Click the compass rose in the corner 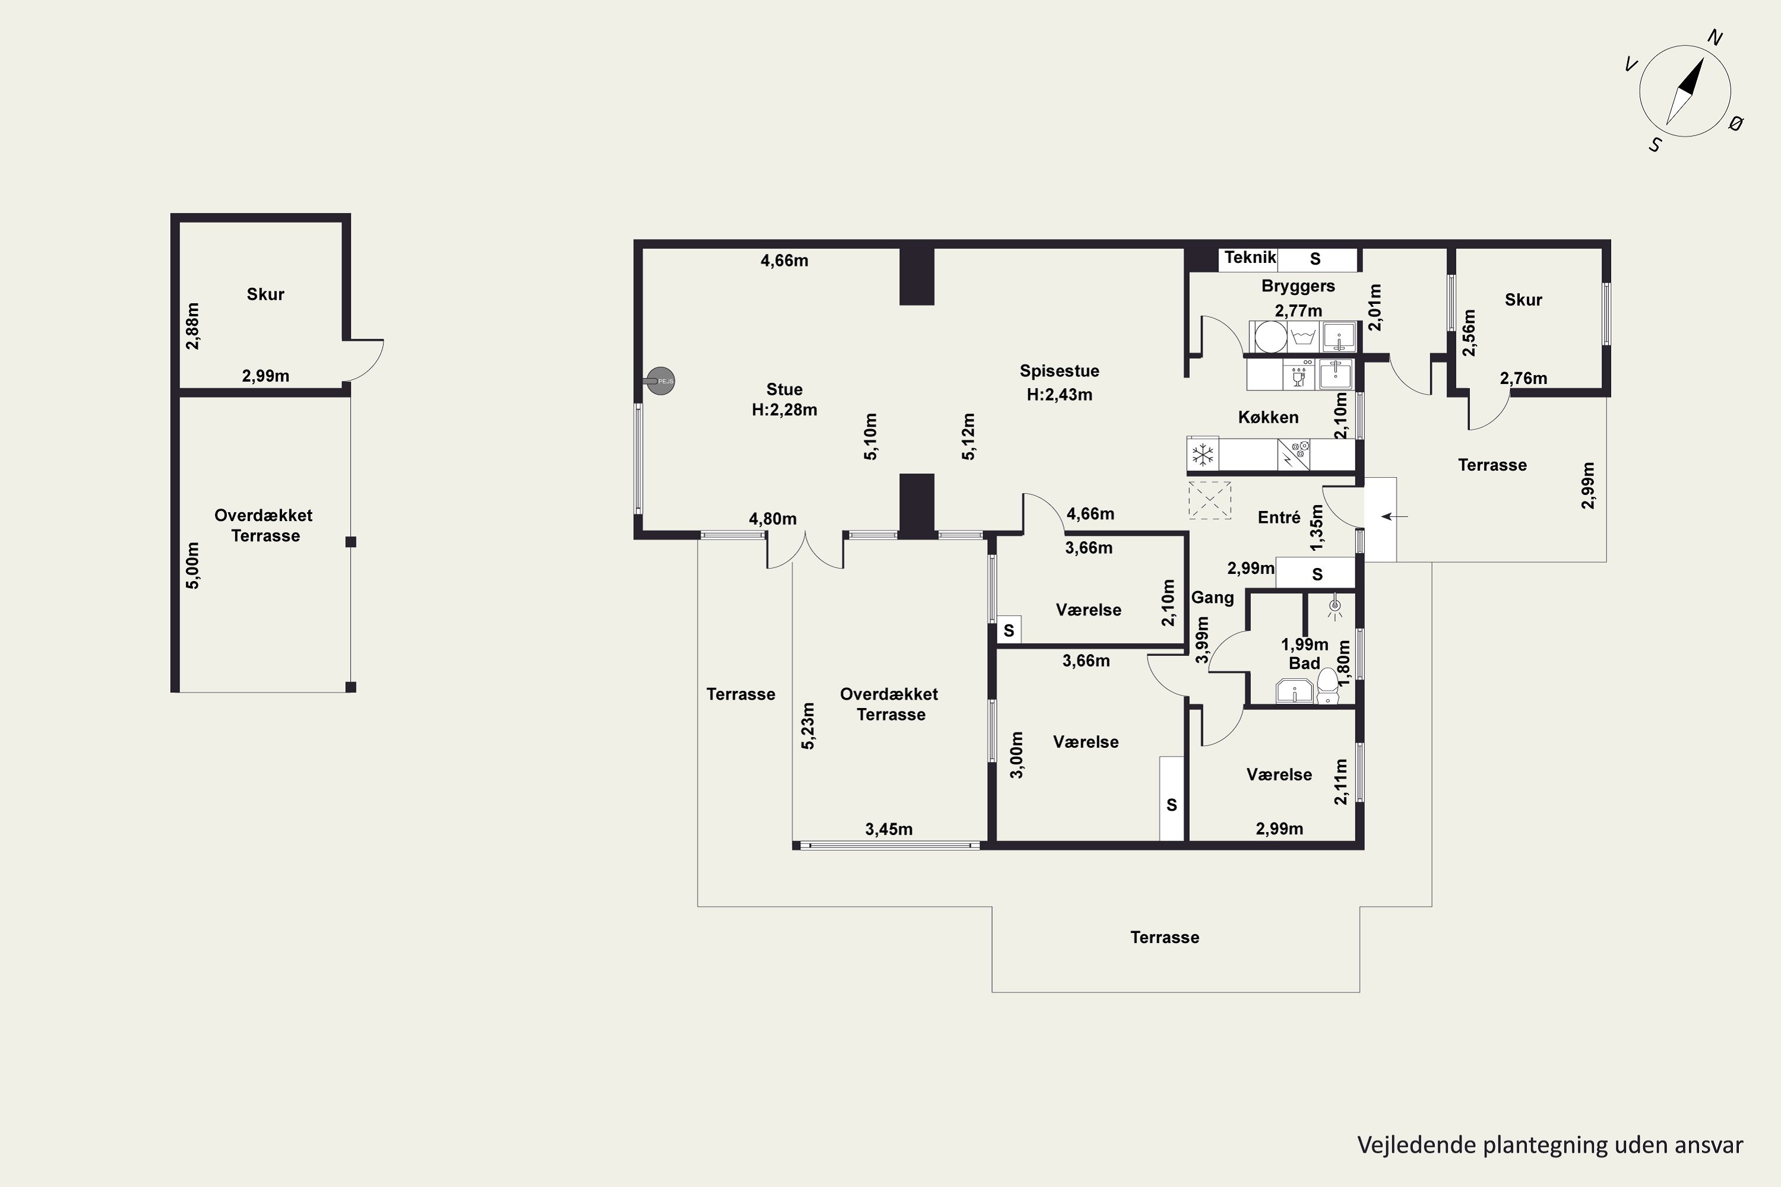point(1685,91)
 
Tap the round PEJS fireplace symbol point(660,382)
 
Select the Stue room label point(784,389)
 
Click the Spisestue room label point(1059,371)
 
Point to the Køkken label point(1268,417)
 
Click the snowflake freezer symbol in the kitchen point(1203,455)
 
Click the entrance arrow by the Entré point(1394,517)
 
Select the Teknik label point(1250,258)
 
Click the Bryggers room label point(1298,286)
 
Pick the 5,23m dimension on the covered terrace point(808,726)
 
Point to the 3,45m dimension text point(889,829)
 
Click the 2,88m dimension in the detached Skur point(193,326)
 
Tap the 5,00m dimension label point(193,566)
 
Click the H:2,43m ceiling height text point(1059,395)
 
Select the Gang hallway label point(1212,597)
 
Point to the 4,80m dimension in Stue point(772,519)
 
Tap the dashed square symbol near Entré point(1209,500)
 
